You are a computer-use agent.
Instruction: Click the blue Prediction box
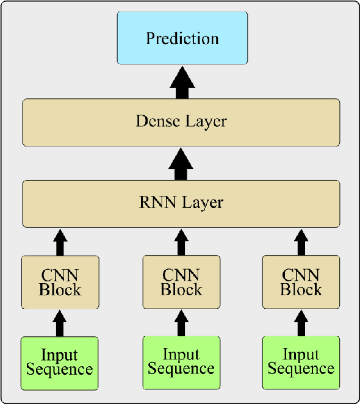coord(182,38)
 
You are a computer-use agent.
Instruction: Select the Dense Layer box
coord(181,122)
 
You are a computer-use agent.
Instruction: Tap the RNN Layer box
coord(181,203)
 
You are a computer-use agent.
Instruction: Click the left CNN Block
coord(60,282)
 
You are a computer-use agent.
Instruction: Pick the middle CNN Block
coord(181,282)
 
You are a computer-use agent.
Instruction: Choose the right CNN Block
coord(301,282)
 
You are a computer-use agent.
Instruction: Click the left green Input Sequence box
coord(60,363)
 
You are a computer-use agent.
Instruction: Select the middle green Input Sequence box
coord(181,363)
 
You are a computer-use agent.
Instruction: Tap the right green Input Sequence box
coord(301,363)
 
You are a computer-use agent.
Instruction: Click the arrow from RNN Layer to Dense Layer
coord(181,164)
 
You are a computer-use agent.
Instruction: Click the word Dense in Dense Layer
coord(156,121)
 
